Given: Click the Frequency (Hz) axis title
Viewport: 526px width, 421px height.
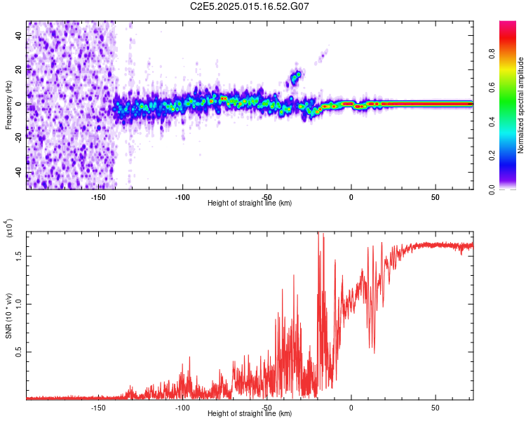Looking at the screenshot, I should click(x=8, y=105).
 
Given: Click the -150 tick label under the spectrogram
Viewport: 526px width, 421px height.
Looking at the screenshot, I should click(x=98, y=196).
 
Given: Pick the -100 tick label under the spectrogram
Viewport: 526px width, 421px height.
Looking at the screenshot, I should click(x=182, y=196).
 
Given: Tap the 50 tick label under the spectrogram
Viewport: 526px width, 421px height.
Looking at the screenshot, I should click(x=436, y=196).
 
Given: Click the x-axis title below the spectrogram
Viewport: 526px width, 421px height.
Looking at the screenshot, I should click(x=250, y=203).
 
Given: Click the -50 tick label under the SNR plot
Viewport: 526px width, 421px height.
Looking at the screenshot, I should click(x=267, y=408).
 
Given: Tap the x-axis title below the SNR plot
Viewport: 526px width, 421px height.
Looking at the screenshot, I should click(x=250, y=414).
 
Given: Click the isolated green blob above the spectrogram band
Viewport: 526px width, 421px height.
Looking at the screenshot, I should click(x=296, y=76).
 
